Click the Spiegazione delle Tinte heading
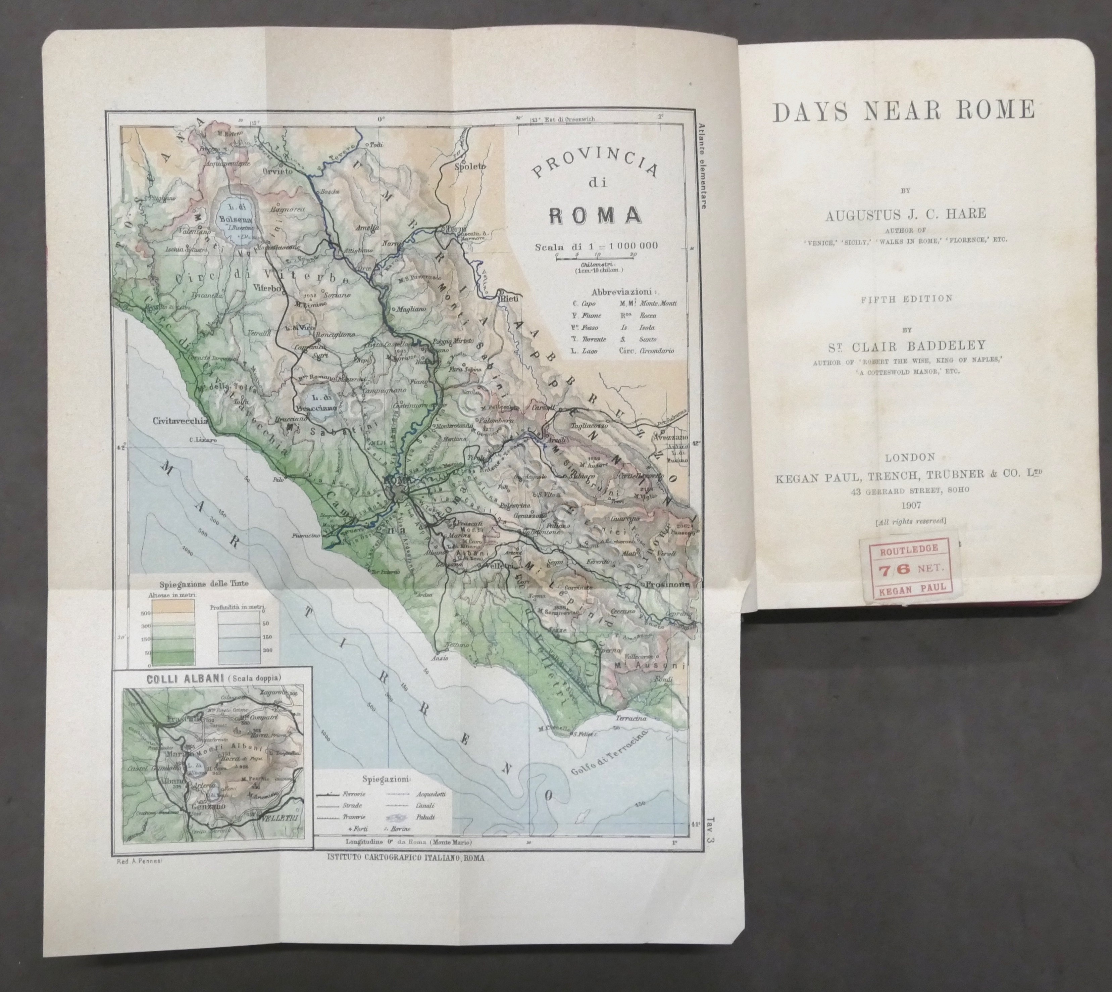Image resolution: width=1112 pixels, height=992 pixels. [202, 583]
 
